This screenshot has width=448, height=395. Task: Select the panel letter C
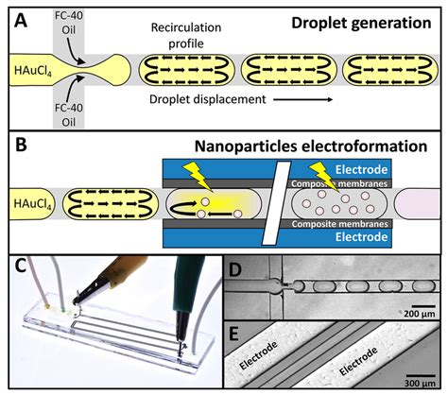click(13, 266)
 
